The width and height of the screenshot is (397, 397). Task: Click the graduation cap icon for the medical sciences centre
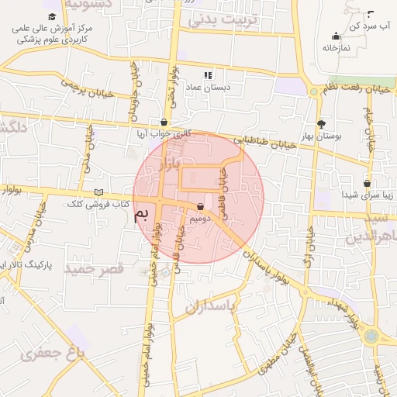pyautogui.click(x=52, y=16)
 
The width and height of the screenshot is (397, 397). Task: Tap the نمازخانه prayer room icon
pyautogui.click(x=336, y=36)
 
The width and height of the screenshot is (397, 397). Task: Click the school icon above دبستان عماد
pyautogui.click(x=208, y=75)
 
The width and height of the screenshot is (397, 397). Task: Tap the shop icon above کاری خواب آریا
pyautogui.click(x=164, y=122)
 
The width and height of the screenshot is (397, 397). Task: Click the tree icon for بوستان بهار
pyautogui.click(x=322, y=123)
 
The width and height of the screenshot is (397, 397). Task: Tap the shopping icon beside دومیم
pyautogui.click(x=202, y=207)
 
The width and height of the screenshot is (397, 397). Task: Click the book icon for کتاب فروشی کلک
pyautogui.click(x=98, y=192)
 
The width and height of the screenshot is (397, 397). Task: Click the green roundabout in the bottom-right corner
pyautogui.click(x=371, y=337)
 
